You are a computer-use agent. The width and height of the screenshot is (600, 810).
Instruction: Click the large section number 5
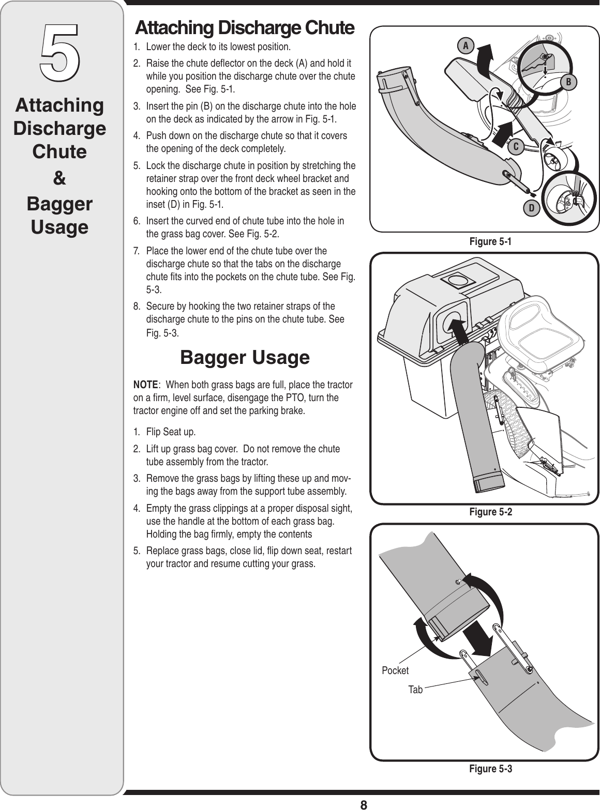60,49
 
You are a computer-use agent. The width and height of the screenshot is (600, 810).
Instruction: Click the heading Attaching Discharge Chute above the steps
244,28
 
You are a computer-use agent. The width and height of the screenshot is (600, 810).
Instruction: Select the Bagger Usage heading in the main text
245,357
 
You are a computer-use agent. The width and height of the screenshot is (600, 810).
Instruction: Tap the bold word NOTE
145,385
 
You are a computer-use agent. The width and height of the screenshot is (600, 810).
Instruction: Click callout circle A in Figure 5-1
466,46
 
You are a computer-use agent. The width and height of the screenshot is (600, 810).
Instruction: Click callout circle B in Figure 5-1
568,82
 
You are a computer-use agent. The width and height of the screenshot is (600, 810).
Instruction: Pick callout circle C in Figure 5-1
516,147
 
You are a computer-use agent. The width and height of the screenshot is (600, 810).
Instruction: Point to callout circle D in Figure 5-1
531,208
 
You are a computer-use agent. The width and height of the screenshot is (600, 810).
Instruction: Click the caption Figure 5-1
490,241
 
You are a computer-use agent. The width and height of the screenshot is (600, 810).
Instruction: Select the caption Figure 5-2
490,512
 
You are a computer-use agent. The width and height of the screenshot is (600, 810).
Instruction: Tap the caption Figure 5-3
490,769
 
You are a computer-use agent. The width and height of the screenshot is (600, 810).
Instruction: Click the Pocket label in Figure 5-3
395,670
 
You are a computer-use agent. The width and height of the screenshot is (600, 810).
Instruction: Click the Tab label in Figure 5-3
415,690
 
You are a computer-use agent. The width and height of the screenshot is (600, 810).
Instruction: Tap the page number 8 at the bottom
364,804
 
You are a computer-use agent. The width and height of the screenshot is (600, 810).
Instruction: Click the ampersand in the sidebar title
60,179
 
